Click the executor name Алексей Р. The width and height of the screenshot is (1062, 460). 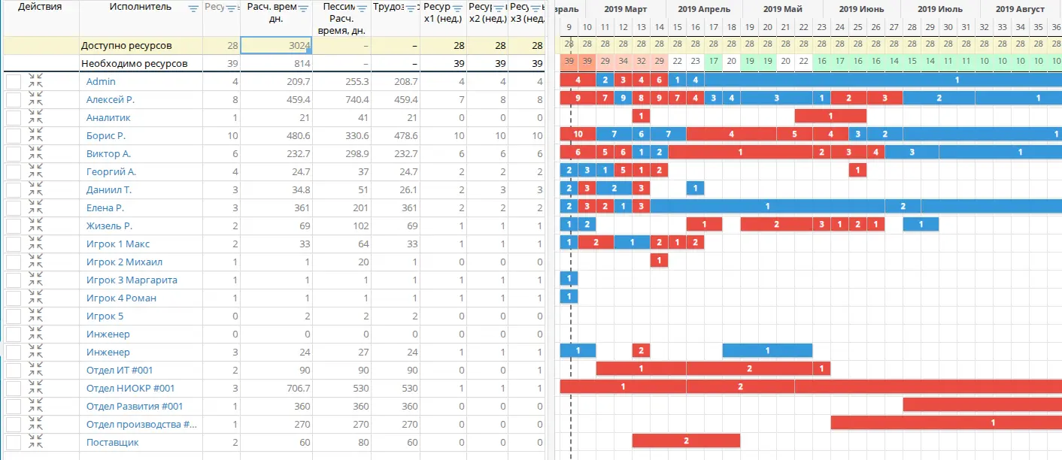[110, 99]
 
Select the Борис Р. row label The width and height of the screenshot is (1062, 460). [105, 135]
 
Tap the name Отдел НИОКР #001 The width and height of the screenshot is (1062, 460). [130, 388]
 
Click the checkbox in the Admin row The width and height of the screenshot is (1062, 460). [14, 82]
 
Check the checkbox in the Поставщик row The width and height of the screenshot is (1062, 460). [14, 443]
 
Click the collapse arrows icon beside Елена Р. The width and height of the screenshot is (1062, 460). [35, 208]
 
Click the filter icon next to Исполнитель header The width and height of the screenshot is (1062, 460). [193, 8]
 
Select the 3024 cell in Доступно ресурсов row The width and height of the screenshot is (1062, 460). [276, 46]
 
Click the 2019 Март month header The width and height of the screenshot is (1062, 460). [624, 9]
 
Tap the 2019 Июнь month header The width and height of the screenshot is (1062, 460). [861, 9]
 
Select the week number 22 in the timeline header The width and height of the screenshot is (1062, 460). [803, 27]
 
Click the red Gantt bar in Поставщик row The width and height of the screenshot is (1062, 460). [686, 440]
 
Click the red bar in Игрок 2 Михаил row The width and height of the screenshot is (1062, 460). [659, 261]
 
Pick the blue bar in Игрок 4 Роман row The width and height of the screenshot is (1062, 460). [569, 297]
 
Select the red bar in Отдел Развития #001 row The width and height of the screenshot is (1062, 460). [982, 404]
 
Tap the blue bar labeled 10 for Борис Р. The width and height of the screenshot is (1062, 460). [578, 135]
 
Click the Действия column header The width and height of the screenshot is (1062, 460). [39, 8]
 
